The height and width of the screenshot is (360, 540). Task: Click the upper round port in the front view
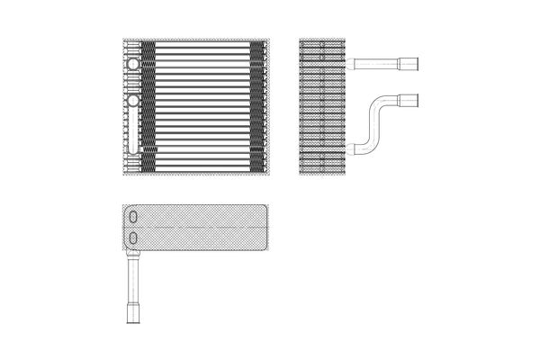pos(133,65)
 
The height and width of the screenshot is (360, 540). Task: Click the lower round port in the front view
pos(133,100)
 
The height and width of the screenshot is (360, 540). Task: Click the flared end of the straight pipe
pos(413,64)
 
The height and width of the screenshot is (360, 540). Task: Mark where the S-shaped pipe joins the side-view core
pos(350,148)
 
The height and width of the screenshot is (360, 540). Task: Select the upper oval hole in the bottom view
pos(134,218)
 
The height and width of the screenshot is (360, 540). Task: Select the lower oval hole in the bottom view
pos(134,238)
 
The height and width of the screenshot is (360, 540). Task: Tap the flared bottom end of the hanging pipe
pos(133,315)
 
